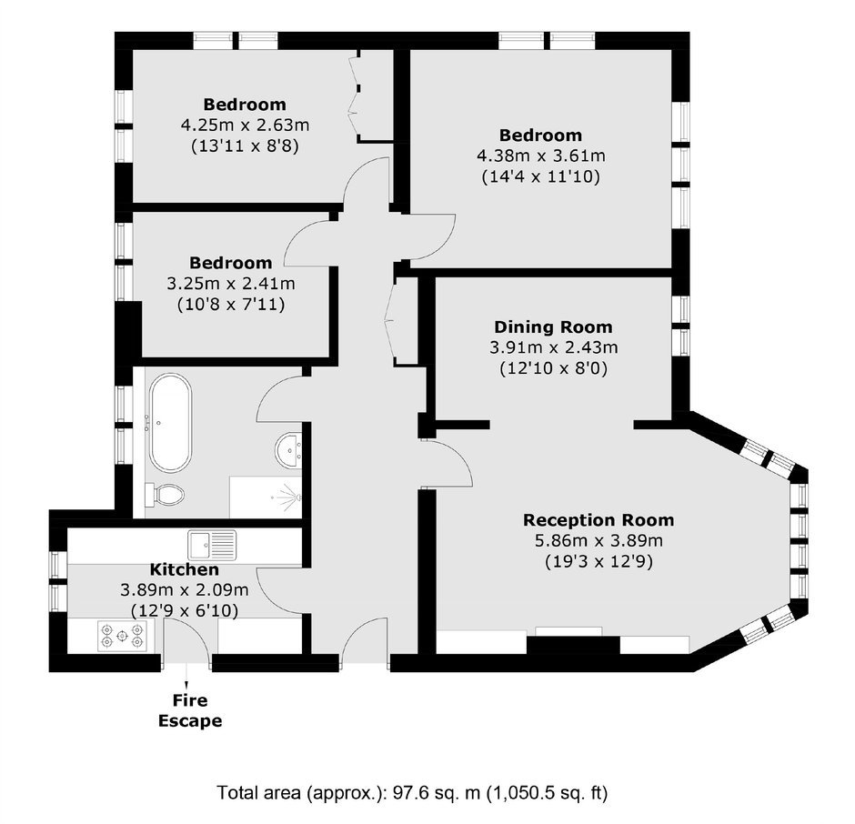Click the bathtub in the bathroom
pyautogui.click(x=171, y=423)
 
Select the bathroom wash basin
pyautogui.click(x=288, y=450)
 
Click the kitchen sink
pyautogui.click(x=212, y=545)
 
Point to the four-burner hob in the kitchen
pyautogui.click(x=122, y=636)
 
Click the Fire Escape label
pyautogui.click(x=190, y=710)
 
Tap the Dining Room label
pyautogui.click(x=553, y=327)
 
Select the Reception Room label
pyautogui.click(x=598, y=519)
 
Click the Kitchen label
pyautogui.click(x=185, y=569)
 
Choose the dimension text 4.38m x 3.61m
pyautogui.click(x=541, y=156)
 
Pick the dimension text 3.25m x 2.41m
pyautogui.click(x=231, y=284)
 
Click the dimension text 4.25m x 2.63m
pyautogui.click(x=245, y=125)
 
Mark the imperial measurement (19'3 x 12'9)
pyautogui.click(x=598, y=561)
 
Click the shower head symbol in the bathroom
pyautogui.click(x=288, y=497)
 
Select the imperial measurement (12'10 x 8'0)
pyautogui.click(x=553, y=368)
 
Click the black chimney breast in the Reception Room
pyautogui.click(x=573, y=645)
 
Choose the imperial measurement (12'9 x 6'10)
pyautogui.click(x=185, y=611)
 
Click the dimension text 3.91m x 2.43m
pyautogui.click(x=553, y=347)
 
